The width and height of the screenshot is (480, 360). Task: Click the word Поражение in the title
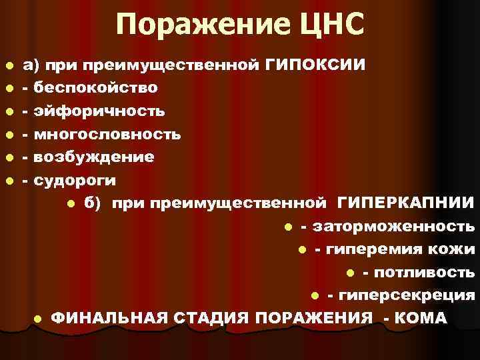[191, 27]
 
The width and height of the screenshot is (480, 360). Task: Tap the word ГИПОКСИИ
[315, 65]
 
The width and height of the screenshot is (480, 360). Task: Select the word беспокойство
[96, 88]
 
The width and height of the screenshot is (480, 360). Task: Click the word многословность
[107, 134]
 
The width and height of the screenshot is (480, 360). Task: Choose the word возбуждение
[94, 157]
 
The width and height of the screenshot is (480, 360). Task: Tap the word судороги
[75, 180]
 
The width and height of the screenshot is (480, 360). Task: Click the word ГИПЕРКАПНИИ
[406, 203]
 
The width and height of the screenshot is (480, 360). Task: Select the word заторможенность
[394, 227]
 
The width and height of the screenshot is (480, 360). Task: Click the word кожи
[457, 250]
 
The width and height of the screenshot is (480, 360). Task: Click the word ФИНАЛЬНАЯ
[109, 318]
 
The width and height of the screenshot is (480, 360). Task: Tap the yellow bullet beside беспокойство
[8, 89]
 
